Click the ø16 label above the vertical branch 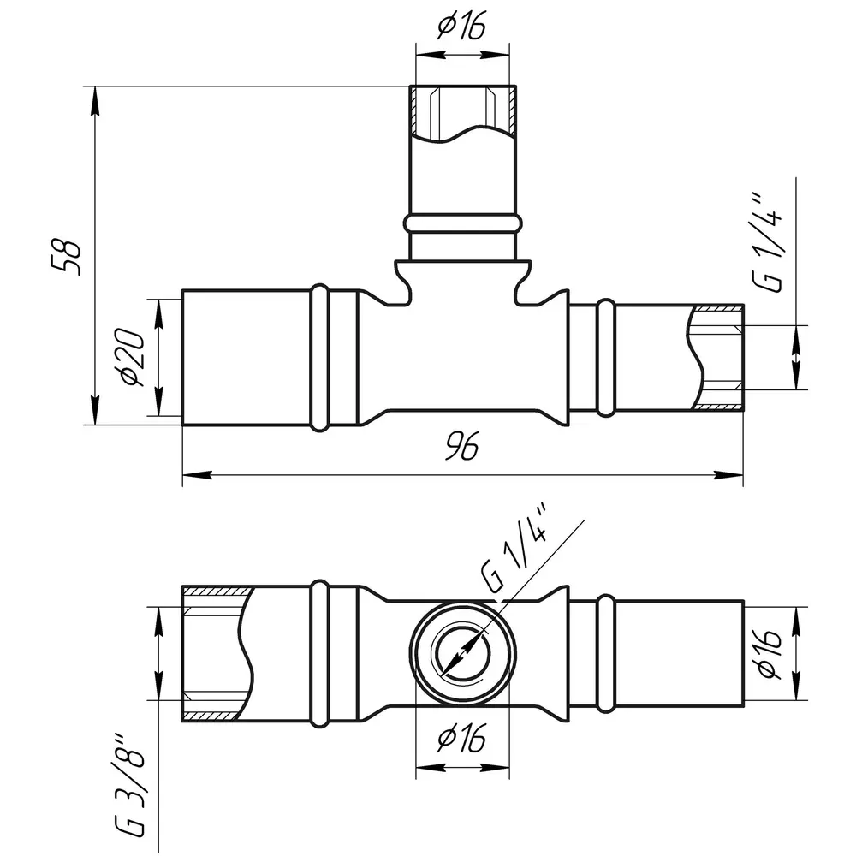click(x=462, y=27)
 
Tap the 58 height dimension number click(x=66, y=256)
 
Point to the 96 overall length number click(x=462, y=445)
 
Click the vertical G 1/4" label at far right click(x=770, y=242)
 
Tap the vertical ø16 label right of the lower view click(x=769, y=653)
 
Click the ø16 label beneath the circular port click(x=462, y=739)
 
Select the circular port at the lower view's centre click(x=463, y=653)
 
